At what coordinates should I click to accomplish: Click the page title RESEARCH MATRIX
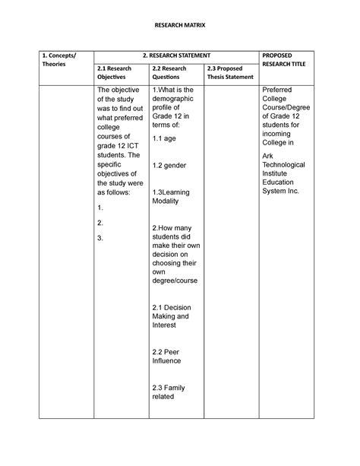coord(179,26)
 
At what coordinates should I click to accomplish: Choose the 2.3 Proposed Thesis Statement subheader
coord(227,73)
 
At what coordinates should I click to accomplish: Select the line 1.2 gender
coord(169,165)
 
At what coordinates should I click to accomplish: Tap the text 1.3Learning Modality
coord(171,197)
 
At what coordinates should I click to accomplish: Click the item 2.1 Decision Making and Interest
coord(172,315)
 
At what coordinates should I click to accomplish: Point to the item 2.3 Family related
coord(169,392)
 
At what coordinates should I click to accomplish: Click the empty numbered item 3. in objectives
coord(101,238)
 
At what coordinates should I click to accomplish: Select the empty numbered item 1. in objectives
coord(101,207)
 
